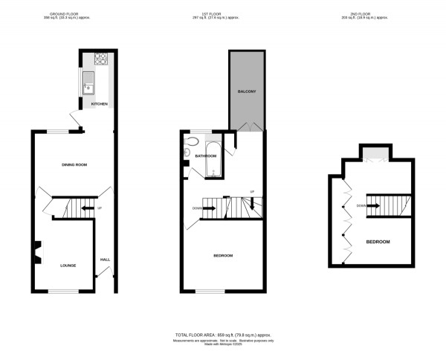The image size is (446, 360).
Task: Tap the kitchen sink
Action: (88, 80)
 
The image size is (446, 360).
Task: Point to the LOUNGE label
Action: (68, 264)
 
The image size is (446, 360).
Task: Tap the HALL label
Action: (105, 259)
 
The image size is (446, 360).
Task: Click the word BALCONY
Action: (247, 91)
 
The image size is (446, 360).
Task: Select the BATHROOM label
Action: (205, 156)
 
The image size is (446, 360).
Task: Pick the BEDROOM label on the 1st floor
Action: (223, 255)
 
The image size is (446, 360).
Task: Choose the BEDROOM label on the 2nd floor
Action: (378, 242)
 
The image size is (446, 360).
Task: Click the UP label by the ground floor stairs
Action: (99, 208)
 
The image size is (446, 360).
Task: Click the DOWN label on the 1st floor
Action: (197, 208)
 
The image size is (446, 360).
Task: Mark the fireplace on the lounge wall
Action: (36, 253)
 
